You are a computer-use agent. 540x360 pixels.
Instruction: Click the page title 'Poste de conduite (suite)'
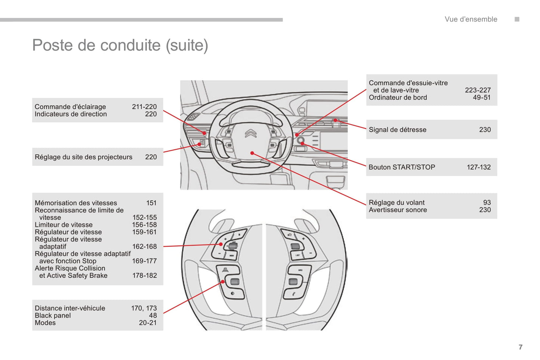click(120, 46)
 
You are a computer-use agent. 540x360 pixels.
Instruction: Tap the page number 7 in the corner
click(521, 347)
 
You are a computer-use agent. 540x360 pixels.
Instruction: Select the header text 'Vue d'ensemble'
click(471, 19)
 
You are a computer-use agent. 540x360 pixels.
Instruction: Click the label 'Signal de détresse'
click(397, 130)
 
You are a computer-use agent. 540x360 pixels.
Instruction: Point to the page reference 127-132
click(478, 167)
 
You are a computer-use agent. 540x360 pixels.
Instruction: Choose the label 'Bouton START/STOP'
click(402, 167)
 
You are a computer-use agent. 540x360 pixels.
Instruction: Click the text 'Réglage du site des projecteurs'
click(83, 157)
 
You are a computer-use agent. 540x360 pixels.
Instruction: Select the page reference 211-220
click(144, 107)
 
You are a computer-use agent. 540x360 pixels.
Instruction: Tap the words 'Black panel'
click(53, 316)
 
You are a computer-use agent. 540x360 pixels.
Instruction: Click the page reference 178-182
click(144, 276)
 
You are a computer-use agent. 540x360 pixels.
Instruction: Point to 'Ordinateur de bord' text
click(398, 97)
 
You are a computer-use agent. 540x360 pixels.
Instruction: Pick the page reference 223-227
click(478, 90)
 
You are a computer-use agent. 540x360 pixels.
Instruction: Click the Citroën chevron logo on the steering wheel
click(251, 133)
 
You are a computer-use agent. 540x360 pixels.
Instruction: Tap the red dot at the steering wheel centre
click(252, 153)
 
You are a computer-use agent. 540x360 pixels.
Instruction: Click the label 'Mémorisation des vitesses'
click(76, 203)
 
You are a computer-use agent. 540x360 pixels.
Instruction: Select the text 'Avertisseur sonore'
click(398, 210)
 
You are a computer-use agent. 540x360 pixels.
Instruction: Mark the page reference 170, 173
click(144, 308)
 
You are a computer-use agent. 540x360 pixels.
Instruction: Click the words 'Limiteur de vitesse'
click(64, 225)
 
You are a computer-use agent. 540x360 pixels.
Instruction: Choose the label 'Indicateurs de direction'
click(71, 114)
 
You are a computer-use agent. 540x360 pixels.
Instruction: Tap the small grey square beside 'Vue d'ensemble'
click(517, 19)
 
